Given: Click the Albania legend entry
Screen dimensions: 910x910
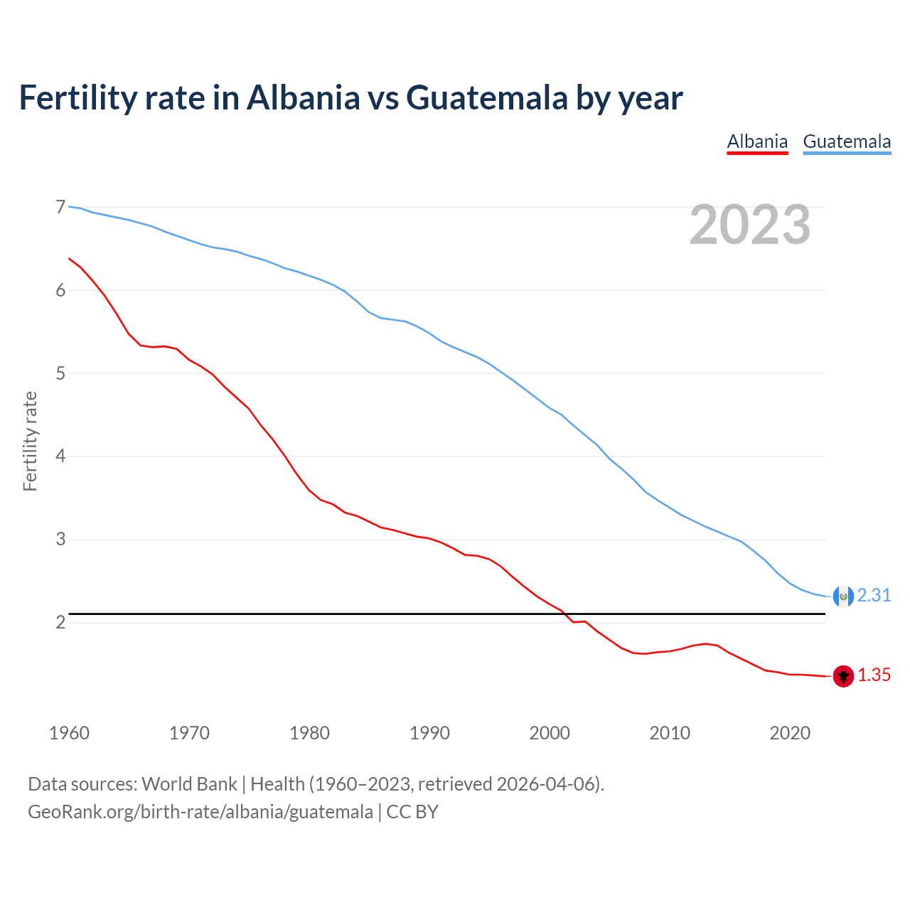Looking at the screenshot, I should [757, 141].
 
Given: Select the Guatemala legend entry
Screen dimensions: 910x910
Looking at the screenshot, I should [847, 141].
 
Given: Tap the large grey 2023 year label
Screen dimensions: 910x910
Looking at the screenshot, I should [750, 225].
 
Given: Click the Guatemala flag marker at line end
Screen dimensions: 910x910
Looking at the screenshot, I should [843, 596].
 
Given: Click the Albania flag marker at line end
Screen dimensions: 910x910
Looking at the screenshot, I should [843, 676].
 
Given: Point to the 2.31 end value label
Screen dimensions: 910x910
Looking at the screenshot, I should [874, 596].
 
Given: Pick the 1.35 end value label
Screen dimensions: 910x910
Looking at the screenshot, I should [874, 675].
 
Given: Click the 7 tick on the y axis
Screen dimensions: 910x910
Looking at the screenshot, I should [60, 208].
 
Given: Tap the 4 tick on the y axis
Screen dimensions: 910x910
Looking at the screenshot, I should [60, 456].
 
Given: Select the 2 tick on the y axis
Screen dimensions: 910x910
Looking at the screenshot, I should [60, 623].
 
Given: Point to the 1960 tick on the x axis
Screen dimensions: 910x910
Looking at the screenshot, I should [69, 733].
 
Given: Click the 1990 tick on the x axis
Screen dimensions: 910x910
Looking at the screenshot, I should [429, 733].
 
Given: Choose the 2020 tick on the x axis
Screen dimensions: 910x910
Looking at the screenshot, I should [790, 733].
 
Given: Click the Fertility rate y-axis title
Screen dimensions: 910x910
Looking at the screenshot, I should [30, 441].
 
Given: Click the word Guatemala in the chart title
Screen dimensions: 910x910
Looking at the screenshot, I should [486, 98].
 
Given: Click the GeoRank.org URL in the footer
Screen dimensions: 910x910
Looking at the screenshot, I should [200, 812].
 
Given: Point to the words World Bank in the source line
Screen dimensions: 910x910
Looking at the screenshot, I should [189, 784].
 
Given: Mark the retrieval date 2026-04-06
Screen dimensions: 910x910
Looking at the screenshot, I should [545, 784].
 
